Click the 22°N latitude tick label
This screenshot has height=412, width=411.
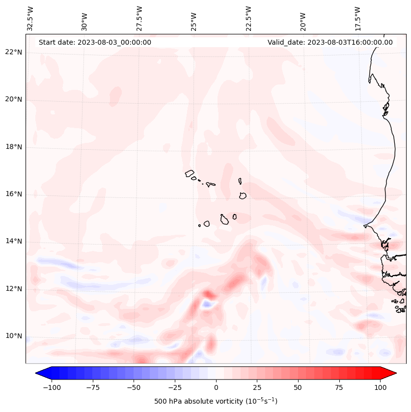14,53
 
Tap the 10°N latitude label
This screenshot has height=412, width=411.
14,336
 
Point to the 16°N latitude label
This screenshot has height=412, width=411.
14,194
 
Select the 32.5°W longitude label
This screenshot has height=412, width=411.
30,18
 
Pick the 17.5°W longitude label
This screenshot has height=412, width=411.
357,18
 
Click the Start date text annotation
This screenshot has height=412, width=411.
95,42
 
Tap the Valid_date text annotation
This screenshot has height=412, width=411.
330,42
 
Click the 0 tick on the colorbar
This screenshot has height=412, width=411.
216,387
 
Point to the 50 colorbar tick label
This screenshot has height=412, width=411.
298,387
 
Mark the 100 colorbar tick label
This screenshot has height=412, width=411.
381,387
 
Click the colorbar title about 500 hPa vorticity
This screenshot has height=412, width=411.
216,401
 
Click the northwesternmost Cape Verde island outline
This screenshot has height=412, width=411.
190,173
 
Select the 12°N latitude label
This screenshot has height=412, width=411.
14,289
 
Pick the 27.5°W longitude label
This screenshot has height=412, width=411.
139,18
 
